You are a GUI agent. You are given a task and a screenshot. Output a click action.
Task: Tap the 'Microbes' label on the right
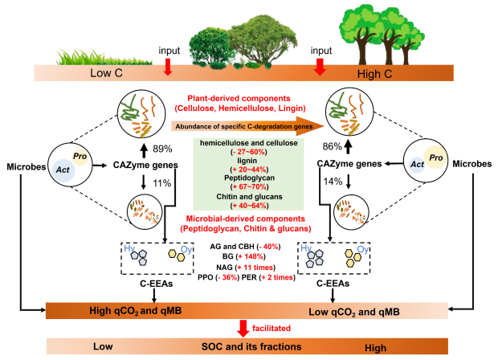coord(472,164)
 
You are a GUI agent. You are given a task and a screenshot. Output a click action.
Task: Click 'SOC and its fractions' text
coord(248,346)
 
